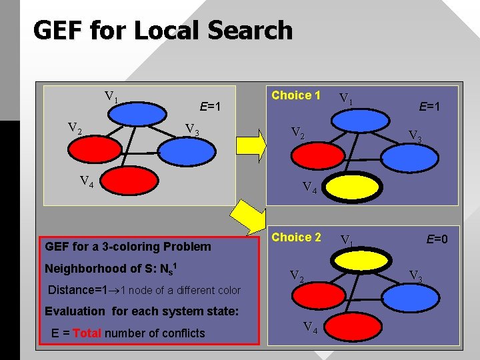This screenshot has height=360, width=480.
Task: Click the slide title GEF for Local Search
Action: coord(162,31)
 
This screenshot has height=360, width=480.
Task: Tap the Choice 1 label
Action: coord(296,95)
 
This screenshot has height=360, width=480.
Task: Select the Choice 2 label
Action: coord(296,237)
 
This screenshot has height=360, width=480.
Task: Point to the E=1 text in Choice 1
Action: coord(430,105)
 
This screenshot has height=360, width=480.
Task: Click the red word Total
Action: coord(87,333)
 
